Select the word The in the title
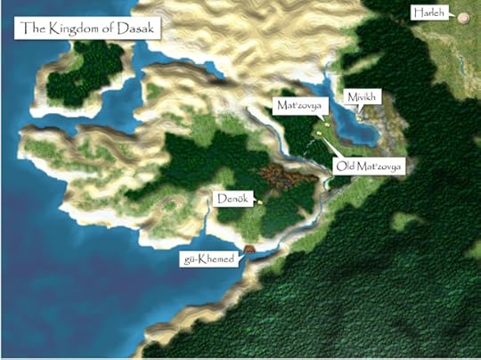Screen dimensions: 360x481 (33, 29)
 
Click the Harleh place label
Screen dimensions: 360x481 (428, 12)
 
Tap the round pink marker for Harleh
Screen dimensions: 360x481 (463, 16)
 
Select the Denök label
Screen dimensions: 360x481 (232, 197)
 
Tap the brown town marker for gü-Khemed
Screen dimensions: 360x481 (249, 250)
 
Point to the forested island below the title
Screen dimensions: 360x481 (89, 71)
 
